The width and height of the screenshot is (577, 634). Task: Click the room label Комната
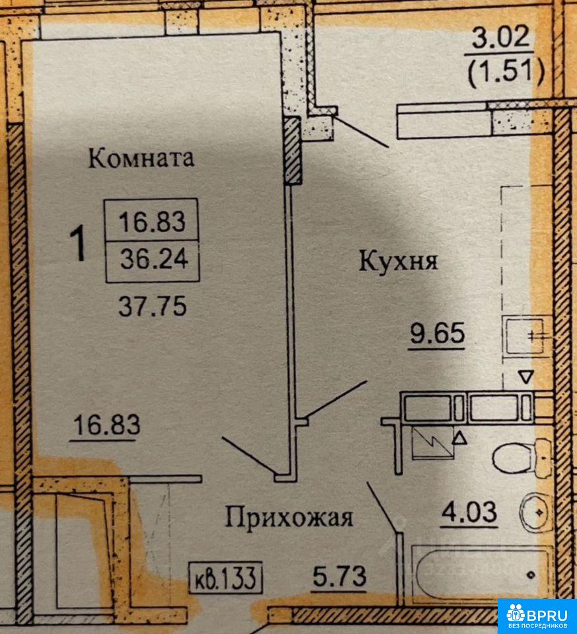pyautogui.click(x=141, y=158)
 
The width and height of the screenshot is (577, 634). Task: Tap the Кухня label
pyautogui.click(x=398, y=261)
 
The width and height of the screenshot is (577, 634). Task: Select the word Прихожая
pyautogui.click(x=289, y=518)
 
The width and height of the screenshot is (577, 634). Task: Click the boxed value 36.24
pyautogui.click(x=154, y=259)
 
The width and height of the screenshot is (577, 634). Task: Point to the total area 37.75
pyautogui.click(x=153, y=306)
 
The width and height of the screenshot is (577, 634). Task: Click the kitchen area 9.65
pyautogui.click(x=438, y=334)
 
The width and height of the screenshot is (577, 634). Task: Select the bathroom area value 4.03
pyautogui.click(x=469, y=512)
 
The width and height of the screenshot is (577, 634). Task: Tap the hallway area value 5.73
pyautogui.click(x=340, y=576)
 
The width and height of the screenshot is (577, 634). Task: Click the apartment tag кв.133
pyautogui.click(x=226, y=578)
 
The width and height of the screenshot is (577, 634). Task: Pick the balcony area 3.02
pyautogui.click(x=501, y=38)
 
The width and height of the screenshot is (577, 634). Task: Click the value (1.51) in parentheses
pyautogui.click(x=506, y=72)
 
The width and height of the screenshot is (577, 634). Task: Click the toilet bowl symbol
pyautogui.click(x=521, y=455)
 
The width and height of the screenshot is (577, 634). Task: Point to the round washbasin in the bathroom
pyautogui.click(x=534, y=511)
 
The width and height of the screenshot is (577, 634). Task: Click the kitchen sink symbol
pyautogui.click(x=527, y=336)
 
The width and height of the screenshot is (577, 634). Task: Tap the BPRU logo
pyautogui.click(x=537, y=616)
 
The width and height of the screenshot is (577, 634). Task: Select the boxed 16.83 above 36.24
pyautogui.click(x=152, y=222)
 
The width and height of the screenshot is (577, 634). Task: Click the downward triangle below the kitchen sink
pyautogui.click(x=526, y=377)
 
